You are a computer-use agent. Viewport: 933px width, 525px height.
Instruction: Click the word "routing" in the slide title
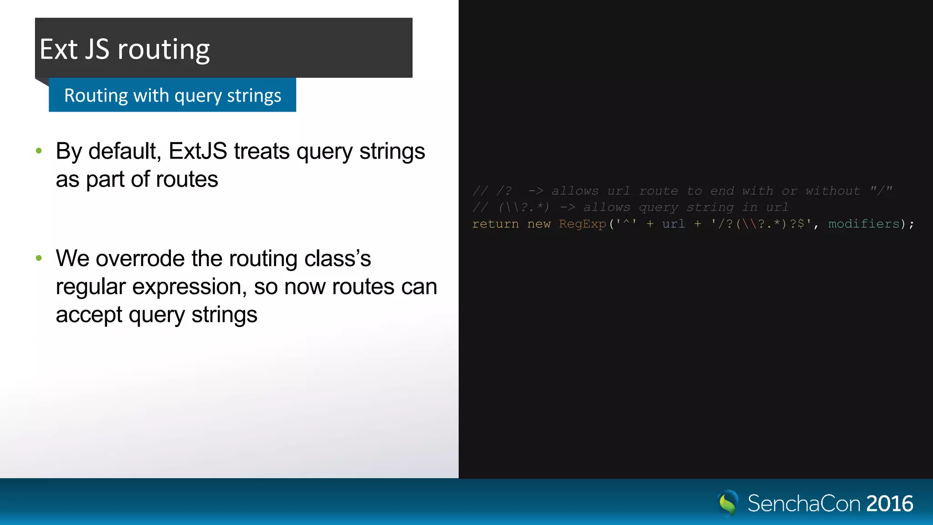[164, 50]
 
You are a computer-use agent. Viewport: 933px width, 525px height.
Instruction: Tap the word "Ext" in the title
[58, 49]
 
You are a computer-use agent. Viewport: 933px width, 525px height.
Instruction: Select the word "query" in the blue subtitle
[198, 96]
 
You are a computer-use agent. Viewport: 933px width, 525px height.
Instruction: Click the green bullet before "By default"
[39, 151]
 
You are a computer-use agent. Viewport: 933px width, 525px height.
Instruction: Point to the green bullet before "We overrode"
[39, 258]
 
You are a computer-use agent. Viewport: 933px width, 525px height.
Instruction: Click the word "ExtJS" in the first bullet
[198, 151]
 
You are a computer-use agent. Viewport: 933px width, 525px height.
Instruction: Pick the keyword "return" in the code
[495, 224]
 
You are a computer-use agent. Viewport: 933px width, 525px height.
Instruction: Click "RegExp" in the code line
[582, 224]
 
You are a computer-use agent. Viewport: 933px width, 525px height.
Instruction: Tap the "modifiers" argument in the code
[863, 224]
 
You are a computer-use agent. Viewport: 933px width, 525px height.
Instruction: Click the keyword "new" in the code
[539, 224]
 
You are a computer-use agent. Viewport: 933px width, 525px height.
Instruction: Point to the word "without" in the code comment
[832, 191]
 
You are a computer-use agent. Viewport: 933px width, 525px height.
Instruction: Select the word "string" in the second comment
[710, 207]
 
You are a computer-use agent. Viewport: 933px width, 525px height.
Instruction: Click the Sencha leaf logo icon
[728, 503]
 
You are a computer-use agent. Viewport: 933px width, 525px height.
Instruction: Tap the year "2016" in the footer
[889, 504]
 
